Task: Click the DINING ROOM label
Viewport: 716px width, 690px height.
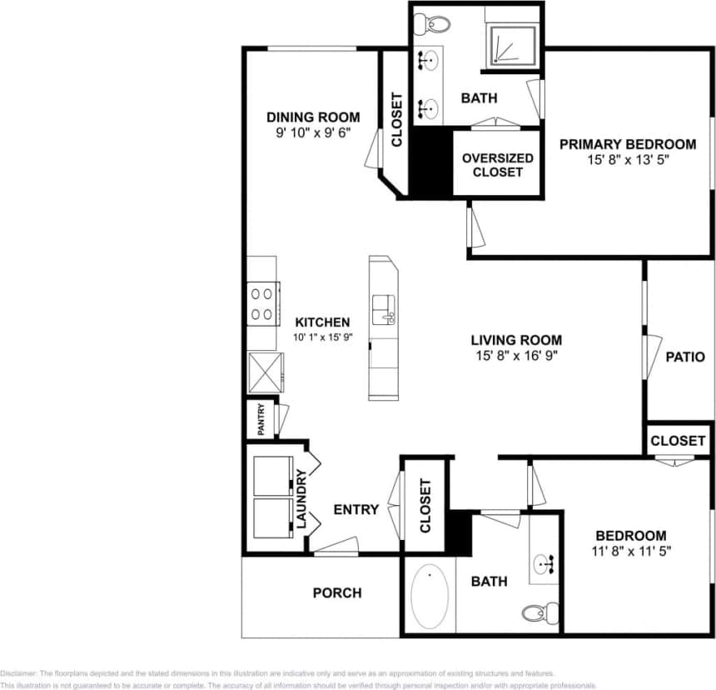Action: pos(313,117)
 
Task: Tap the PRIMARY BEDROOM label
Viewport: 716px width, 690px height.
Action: pos(627,144)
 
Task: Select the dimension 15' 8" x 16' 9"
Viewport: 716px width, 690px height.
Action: pos(516,355)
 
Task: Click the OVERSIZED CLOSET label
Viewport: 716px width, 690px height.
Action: pos(497,164)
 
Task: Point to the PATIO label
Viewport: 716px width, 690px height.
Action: pos(685,357)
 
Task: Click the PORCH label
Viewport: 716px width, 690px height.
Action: pos(337,592)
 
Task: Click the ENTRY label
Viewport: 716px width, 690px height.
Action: pos(356,509)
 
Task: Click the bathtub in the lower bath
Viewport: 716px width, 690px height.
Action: pos(430,597)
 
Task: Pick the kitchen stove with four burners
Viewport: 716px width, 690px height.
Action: pos(263,303)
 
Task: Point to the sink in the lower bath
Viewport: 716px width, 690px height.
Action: pos(546,563)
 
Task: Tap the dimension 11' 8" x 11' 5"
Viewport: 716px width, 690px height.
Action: pos(630,550)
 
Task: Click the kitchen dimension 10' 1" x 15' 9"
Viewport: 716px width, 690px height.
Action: pos(321,337)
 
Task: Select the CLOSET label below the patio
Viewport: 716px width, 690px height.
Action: pos(678,440)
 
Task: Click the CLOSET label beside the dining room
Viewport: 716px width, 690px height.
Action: pos(396,120)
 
